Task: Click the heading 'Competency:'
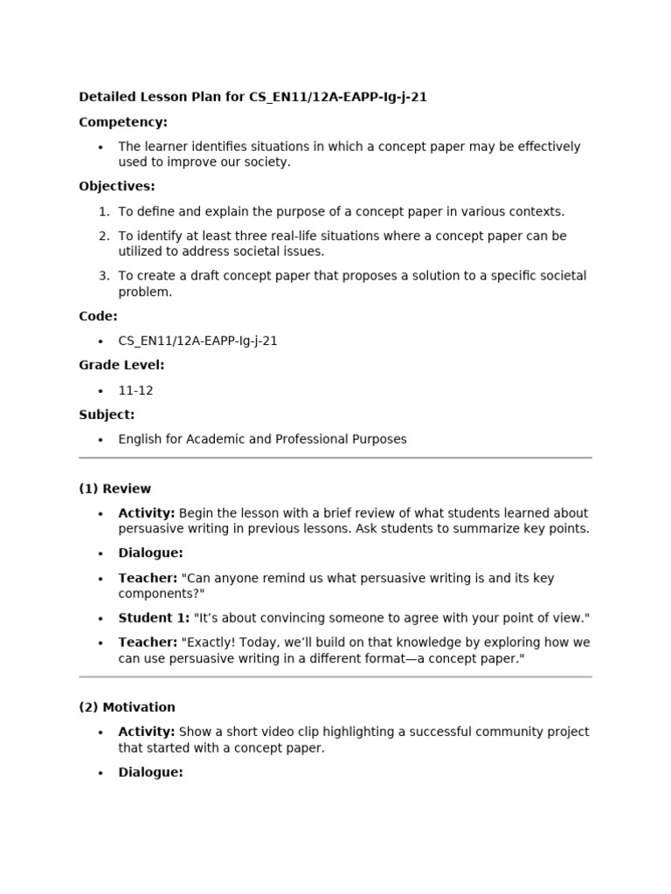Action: (x=123, y=122)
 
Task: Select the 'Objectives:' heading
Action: (x=117, y=186)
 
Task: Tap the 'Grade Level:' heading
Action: (x=121, y=365)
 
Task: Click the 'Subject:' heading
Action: (x=107, y=415)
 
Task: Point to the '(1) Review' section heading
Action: (x=114, y=489)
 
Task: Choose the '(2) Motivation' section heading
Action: (x=127, y=707)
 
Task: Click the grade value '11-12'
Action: (x=135, y=390)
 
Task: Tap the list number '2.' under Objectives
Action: (x=104, y=236)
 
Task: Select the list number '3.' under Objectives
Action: (x=104, y=276)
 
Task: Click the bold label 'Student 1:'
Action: (x=154, y=618)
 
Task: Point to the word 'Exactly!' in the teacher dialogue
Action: (x=205, y=643)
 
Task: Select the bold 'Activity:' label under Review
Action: (x=147, y=513)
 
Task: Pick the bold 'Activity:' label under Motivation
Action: (x=147, y=732)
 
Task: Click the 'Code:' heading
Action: (x=98, y=316)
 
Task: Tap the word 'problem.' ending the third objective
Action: (x=145, y=292)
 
